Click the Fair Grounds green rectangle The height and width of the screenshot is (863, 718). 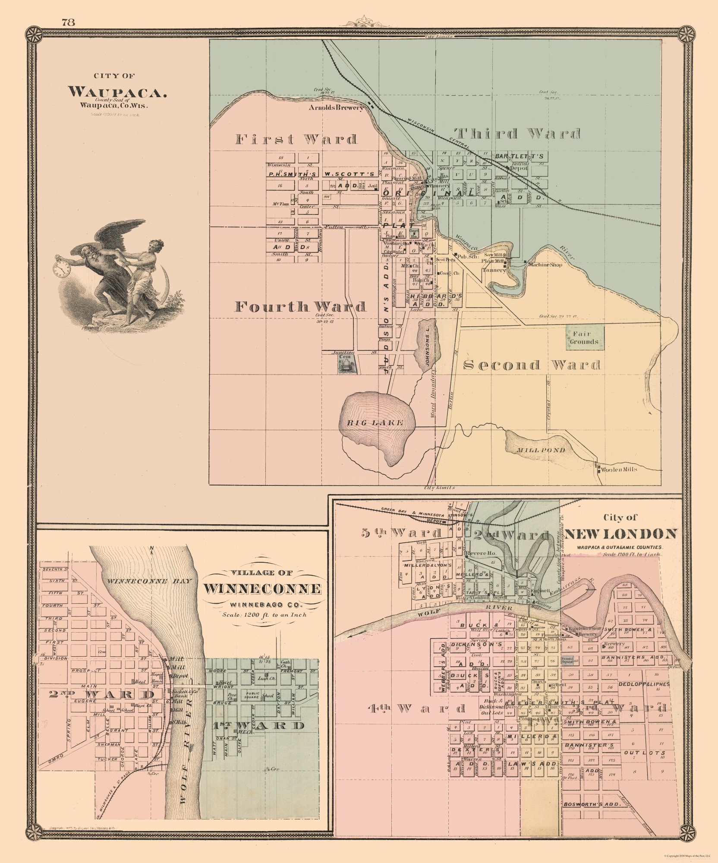[x=585, y=337]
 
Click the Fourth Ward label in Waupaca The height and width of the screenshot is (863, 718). [x=300, y=306]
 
